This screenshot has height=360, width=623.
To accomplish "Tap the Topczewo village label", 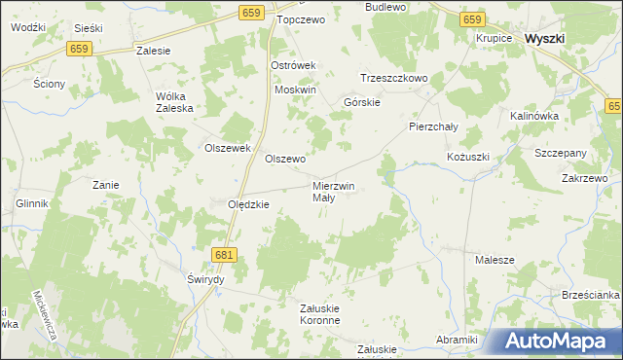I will [x=299, y=18].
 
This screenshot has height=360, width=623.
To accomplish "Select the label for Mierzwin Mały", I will [x=333, y=191].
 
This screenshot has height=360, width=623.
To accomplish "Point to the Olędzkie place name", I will [x=248, y=204].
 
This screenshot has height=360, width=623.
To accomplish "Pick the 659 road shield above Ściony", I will [x=80, y=49].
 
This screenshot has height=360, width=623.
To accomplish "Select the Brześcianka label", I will [x=591, y=295].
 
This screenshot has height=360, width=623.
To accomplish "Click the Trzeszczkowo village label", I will [x=394, y=78].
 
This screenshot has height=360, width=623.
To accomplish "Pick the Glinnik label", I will [x=32, y=204].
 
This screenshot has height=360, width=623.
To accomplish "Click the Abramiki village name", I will [x=457, y=340].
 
